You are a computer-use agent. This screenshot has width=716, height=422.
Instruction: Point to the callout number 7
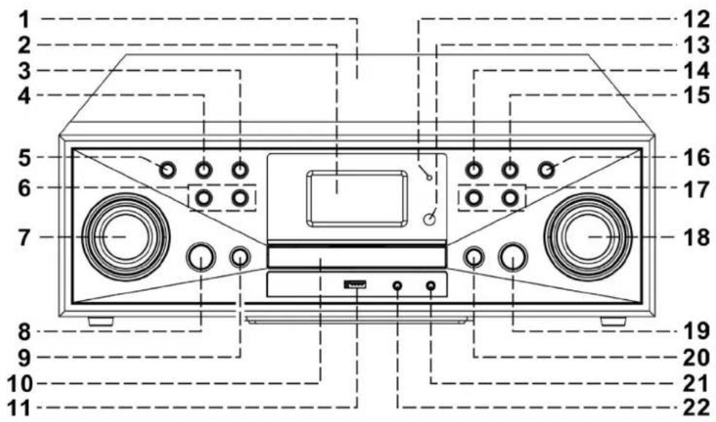point(25,238)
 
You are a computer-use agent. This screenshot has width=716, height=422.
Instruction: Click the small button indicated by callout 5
point(168,170)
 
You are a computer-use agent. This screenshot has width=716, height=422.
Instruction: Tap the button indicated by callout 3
point(239,170)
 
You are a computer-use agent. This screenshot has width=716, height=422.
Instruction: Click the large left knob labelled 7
point(126,237)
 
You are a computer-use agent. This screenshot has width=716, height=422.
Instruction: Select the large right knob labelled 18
point(588,237)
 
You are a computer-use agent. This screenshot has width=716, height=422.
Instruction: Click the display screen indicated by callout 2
point(358,199)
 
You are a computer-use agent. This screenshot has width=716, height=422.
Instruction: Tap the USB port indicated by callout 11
point(355,285)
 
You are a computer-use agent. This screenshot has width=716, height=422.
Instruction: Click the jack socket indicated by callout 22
point(398,286)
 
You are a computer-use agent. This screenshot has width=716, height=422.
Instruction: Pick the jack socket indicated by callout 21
point(431,286)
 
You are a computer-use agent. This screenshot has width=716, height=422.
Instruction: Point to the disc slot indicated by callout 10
point(357,258)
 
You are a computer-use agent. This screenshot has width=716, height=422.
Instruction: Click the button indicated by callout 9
point(239,257)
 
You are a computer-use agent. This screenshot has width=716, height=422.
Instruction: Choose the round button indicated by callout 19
point(513,257)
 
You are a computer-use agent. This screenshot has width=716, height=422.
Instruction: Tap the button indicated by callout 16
point(546,170)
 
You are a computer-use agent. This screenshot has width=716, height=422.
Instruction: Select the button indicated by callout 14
point(474,170)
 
